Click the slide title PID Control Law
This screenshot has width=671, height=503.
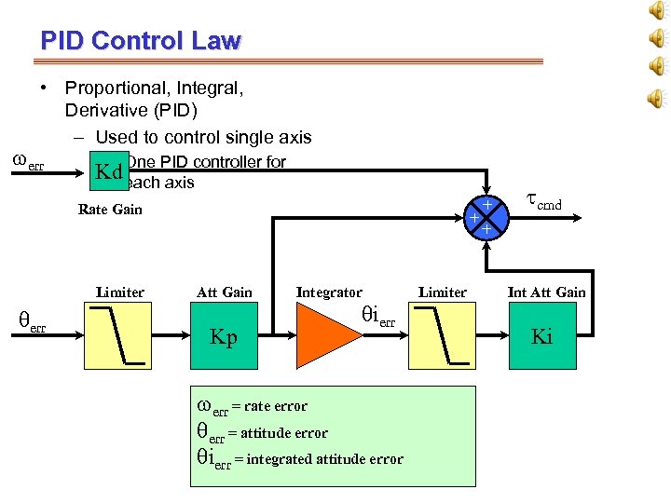click(141, 41)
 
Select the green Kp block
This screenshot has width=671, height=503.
click(225, 337)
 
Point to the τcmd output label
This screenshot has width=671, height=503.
click(544, 202)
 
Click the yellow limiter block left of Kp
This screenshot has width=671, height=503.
click(119, 336)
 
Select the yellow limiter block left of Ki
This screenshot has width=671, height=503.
click(442, 336)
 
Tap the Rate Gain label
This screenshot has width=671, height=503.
click(110, 210)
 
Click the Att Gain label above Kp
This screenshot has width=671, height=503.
click(224, 292)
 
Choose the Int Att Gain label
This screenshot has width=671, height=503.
click(546, 292)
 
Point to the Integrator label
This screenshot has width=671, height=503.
click(329, 292)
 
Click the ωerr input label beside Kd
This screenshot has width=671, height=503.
click(27, 163)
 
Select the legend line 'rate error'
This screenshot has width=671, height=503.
click(252, 406)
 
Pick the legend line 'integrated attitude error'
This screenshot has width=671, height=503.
click(299, 458)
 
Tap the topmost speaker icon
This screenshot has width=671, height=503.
click(656, 11)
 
